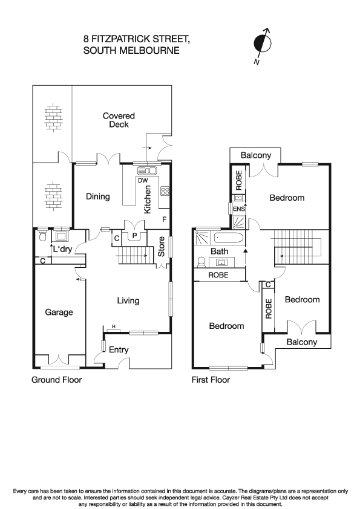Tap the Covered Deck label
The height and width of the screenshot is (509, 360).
(119, 120)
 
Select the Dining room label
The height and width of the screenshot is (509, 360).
(97, 196)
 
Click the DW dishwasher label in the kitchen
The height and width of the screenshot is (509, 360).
(143, 181)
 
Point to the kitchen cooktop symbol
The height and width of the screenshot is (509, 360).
(165, 191)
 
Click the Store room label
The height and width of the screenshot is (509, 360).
(162, 250)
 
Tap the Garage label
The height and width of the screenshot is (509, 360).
(59, 313)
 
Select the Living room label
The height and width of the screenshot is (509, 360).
(128, 300)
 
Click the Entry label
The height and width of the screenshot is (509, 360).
(119, 350)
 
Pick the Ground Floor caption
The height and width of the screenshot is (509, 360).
(56, 380)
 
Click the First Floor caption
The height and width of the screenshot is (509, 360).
(211, 380)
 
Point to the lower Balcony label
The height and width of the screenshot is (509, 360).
(301, 342)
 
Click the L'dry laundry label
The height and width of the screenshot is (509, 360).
(62, 250)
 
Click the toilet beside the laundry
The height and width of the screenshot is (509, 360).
(42, 235)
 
